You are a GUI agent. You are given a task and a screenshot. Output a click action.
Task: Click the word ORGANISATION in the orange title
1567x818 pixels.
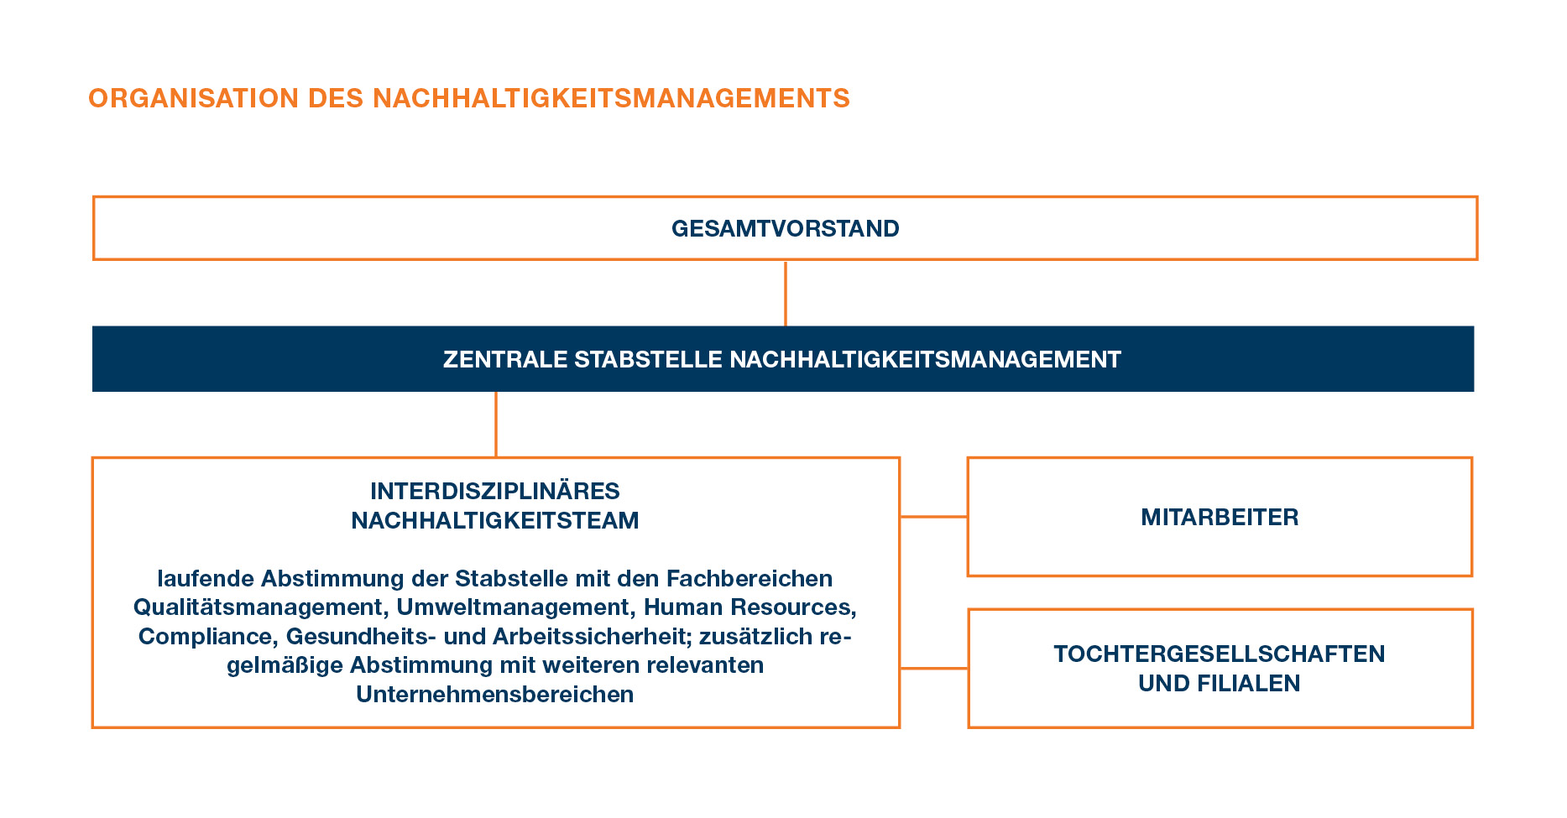click(193, 98)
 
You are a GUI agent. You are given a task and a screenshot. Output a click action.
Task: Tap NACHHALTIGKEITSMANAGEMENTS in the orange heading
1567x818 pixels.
click(611, 98)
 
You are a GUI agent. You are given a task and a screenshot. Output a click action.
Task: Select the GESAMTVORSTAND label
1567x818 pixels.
click(785, 228)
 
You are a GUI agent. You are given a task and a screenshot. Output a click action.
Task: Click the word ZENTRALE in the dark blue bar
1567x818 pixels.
click(504, 359)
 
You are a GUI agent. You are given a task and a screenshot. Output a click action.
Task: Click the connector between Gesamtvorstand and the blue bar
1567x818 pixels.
click(785, 293)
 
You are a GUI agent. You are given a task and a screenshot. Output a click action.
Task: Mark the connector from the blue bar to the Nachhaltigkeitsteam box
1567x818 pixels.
click(496, 424)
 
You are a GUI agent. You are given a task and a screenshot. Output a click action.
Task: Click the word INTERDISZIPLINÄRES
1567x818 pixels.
click(495, 491)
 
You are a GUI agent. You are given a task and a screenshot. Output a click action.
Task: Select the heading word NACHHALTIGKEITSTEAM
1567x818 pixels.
click(495, 520)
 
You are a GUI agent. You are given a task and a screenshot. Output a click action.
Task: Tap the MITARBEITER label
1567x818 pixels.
click(1220, 517)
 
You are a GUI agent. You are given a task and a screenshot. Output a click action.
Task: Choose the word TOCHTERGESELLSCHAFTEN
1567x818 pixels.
click(1220, 654)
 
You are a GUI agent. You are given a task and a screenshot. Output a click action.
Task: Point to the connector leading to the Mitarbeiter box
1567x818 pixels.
click(933, 517)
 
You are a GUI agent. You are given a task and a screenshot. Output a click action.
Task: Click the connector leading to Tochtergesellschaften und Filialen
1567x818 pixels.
click(933, 669)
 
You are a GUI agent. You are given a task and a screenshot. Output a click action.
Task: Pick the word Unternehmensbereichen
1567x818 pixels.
click(495, 694)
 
